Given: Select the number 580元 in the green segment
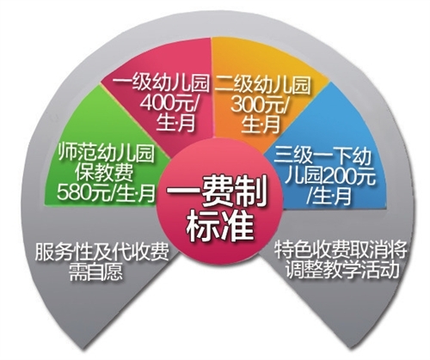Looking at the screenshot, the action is pos(81,192).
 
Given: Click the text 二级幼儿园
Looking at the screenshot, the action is pos(262,85).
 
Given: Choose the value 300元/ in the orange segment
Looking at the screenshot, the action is pos(260,105).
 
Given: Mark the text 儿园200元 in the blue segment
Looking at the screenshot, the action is pos(332,176).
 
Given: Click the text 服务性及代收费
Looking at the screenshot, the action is pos(101,252).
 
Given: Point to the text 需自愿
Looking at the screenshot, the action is pos(95,271).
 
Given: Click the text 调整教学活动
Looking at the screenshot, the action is pos(341,269).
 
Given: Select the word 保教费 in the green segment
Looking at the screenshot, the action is pos(104,173).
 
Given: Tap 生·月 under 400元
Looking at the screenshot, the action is pos(175,123).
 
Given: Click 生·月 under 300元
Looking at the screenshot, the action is pos(261,125).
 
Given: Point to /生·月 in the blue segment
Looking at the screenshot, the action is pos(329,196).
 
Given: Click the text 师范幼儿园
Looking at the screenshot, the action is pos(107,153).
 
